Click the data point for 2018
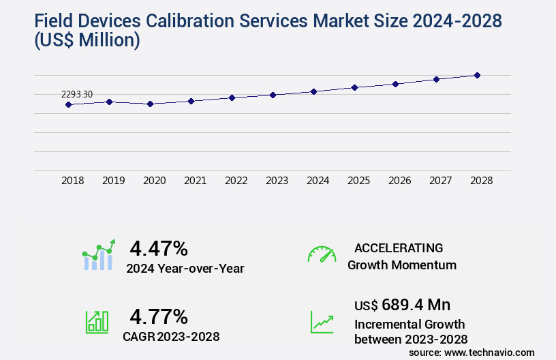68,104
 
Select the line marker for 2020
150,104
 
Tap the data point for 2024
313,91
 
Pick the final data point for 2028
477,75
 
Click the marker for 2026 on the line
395,84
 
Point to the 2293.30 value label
77,94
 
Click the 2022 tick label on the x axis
236,181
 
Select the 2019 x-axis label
113,181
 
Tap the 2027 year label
440,181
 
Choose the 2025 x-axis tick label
358,181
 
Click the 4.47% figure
159,248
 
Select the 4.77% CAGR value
159,316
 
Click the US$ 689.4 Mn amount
402,304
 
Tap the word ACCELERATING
399,247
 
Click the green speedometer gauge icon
322,254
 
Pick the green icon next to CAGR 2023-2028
97,322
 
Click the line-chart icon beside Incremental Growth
322,322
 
